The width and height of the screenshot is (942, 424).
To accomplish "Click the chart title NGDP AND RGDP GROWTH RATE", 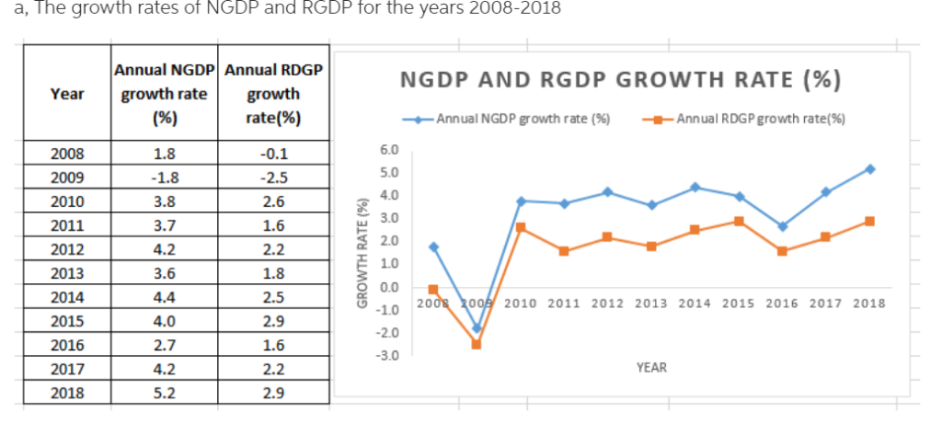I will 620,80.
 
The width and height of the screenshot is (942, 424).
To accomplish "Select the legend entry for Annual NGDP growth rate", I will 515,119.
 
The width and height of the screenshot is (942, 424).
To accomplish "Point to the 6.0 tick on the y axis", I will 389,149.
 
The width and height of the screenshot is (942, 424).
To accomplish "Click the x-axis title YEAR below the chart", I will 651,368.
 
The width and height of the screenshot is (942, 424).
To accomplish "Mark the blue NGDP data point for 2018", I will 869,169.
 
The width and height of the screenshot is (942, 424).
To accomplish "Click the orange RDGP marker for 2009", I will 477,344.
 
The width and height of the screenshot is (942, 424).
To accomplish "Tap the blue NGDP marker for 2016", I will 782,226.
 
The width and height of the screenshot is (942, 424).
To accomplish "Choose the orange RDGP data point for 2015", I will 739,222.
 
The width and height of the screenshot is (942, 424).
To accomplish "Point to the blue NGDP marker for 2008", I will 433,246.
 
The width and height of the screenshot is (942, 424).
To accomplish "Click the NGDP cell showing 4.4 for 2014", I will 165,297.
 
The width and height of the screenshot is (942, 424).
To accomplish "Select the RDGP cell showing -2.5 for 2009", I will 274,178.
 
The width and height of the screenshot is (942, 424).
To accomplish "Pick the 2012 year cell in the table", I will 66,249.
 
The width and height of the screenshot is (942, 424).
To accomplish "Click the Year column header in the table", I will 66,94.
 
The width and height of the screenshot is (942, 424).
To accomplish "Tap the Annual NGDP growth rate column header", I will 165,93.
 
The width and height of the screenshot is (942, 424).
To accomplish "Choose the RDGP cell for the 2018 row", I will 274,394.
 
